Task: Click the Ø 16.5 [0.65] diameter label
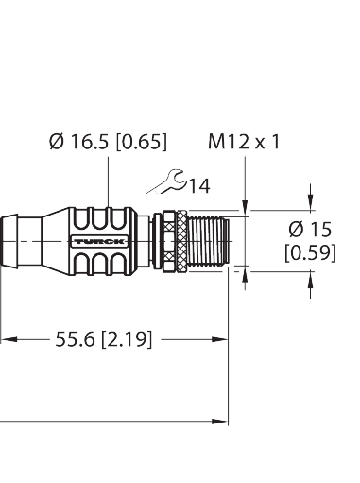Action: (x=107, y=142)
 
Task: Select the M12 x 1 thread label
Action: (x=245, y=142)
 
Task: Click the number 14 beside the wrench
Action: (x=199, y=185)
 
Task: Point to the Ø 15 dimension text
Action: (x=311, y=230)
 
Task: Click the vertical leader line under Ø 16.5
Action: (x=107, y=184)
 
